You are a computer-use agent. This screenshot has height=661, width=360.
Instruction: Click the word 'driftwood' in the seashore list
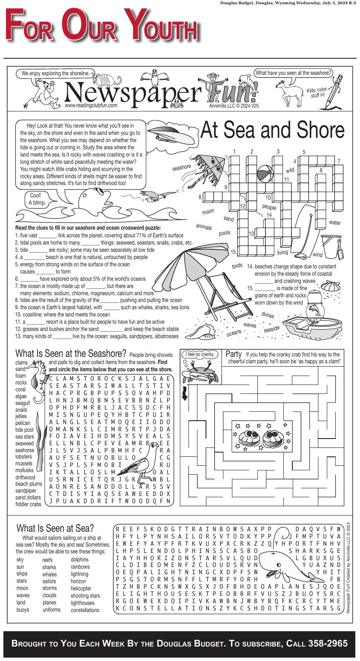25,477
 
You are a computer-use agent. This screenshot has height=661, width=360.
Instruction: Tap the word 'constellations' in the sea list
85,610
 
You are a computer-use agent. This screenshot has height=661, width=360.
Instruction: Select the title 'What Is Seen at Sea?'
55,528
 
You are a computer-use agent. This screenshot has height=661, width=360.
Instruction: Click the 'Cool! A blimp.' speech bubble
36,199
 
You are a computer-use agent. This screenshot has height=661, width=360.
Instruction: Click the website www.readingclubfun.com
91,105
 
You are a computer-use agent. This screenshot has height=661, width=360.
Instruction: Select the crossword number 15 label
233,252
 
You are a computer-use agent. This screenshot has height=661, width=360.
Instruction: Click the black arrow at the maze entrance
185,393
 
